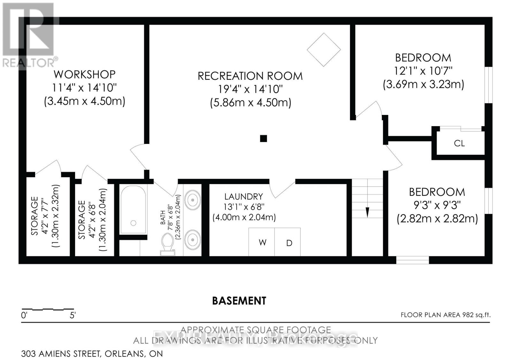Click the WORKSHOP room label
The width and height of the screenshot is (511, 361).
(85, 74)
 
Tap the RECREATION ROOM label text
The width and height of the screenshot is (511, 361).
(250, 76)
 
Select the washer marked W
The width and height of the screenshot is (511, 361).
(262, 242)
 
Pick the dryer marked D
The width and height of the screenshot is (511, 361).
(289, 243)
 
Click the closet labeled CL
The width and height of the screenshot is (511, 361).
(459, 143)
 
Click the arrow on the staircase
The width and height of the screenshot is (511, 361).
(367, 212)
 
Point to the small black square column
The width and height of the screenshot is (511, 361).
(263, 139)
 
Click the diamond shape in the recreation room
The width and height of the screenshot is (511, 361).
(324, 50)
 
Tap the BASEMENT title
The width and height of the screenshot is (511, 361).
(239, 301)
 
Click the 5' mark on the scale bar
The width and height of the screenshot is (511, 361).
(72, 315)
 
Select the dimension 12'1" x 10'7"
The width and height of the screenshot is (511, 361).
(423, 71)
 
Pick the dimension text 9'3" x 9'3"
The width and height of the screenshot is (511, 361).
(437, 205)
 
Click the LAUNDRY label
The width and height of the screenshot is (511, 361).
(244, 197)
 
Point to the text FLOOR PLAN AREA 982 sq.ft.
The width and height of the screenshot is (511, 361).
(446, 315)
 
